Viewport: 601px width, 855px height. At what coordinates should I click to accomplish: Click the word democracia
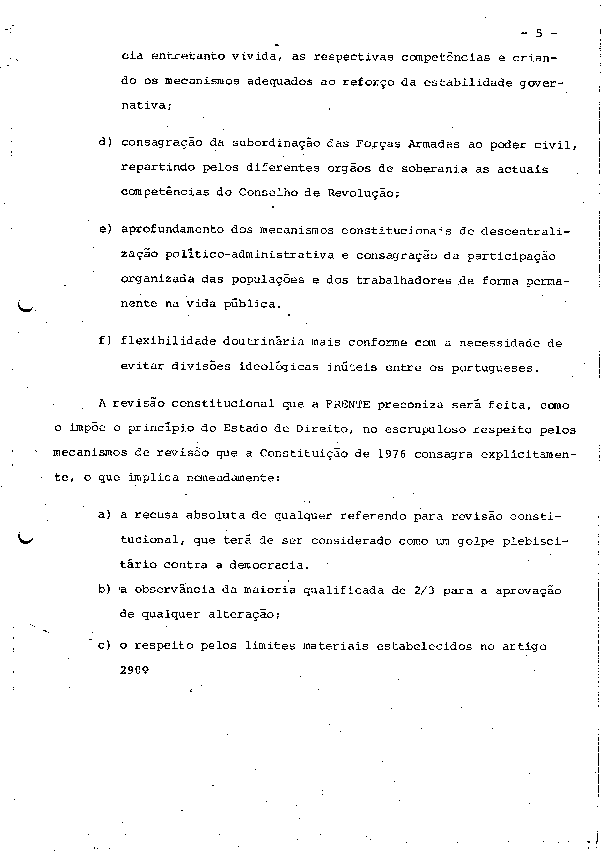269,565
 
